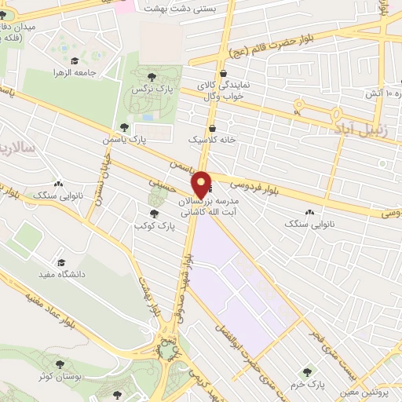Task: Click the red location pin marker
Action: point(201,184)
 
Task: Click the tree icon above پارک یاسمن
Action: point(124,126)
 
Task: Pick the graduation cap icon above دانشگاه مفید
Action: point(60,263)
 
